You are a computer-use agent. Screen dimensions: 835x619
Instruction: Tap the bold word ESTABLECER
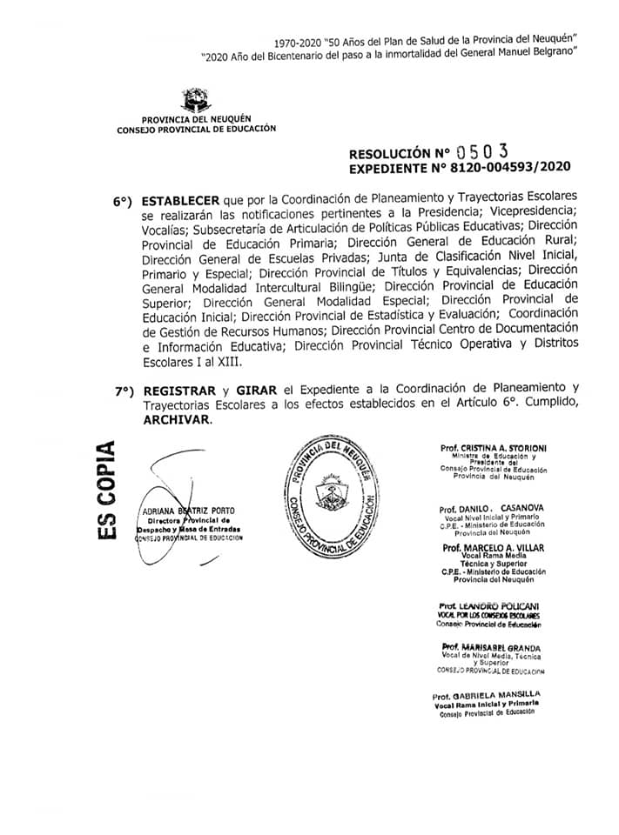pos(180,199)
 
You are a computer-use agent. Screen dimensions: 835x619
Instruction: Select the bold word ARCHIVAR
pos(177,418)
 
